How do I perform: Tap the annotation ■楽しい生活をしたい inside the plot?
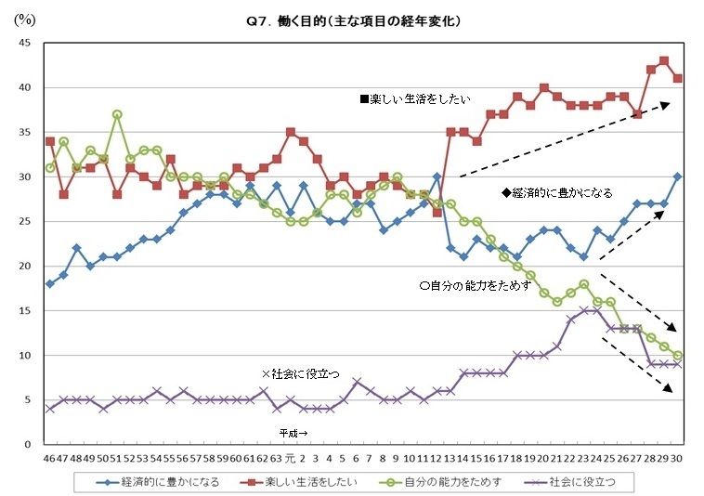tap(416, 98)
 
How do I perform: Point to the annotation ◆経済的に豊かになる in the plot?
tap(557, 193)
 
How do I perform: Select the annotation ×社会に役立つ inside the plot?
tap(301, 372)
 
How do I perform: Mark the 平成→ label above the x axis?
tap(294, 433)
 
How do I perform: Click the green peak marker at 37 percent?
tap(117, 114)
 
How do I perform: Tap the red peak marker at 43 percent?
tap(663, 61)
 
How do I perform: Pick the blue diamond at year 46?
tap(49, 284)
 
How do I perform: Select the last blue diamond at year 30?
tap(677, 176)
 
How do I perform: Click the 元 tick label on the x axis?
tap(290, 458)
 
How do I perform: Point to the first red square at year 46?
tap(49, 141)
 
